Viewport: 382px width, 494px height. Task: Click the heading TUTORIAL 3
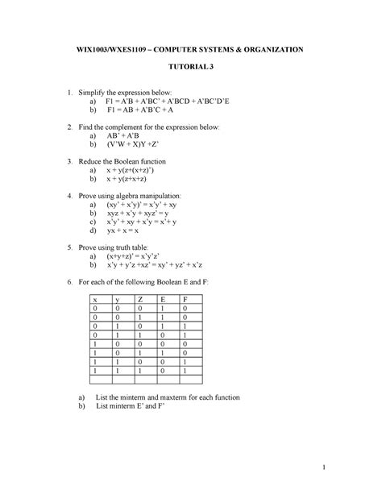pos(190,68)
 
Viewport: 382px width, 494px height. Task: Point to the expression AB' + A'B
pos(128,137)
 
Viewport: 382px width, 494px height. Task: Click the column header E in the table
pos(164,298)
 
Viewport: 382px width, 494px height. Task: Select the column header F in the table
pos(187,298)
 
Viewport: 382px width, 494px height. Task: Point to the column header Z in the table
pos(140,298)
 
